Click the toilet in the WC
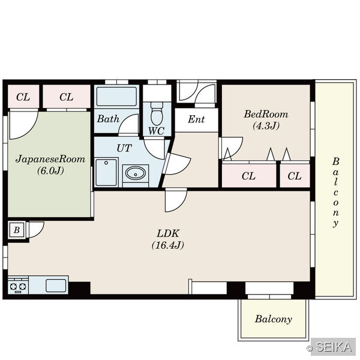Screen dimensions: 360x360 coord(157,113)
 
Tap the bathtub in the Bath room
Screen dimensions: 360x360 coord(116,97)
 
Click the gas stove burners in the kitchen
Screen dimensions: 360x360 coord(18,286)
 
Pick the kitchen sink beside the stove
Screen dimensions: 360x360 coord(56,286)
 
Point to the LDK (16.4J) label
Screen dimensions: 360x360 coord(168,239)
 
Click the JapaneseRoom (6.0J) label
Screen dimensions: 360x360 coord(50,164)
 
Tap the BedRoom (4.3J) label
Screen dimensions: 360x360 coord(266,120)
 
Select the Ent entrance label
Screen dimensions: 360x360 coord(196,119)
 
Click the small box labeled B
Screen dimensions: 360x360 coord(17,230)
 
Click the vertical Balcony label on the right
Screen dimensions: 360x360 coord(335,192)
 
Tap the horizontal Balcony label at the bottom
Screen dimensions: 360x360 coord(274,319)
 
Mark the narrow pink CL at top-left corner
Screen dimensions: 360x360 coord(23,97)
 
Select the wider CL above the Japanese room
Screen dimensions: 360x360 coord(67,97)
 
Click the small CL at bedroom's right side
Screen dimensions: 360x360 coord(295,176)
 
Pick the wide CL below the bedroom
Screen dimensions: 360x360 coord(249,176)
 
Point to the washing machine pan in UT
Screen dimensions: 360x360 coord(106,172)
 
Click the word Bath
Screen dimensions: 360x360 coord(108,119)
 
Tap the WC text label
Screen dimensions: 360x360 coord(156,131)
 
